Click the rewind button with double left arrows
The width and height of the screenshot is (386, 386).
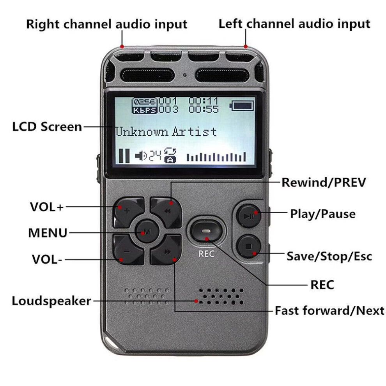(x=167, y=211)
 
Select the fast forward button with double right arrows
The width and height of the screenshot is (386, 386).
(x=167, y=252)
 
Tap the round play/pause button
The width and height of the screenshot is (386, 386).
(x=249, y=215)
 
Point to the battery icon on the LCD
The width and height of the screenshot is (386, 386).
(x=242, y=106)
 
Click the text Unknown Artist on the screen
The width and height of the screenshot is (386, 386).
(x=166, y=131)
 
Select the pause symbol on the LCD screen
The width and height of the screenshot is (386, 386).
(x=124, y=156)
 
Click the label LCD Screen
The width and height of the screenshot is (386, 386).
(x=47, y=127)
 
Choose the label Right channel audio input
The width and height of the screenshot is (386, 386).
(x=106, y=24)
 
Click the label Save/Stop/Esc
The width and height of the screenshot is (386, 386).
(x=329, y=256)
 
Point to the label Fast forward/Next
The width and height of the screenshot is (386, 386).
(x=329, y=311)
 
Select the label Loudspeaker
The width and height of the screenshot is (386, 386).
(x=51, y=301)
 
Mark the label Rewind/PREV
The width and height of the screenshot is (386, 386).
(x=324, y=182)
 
